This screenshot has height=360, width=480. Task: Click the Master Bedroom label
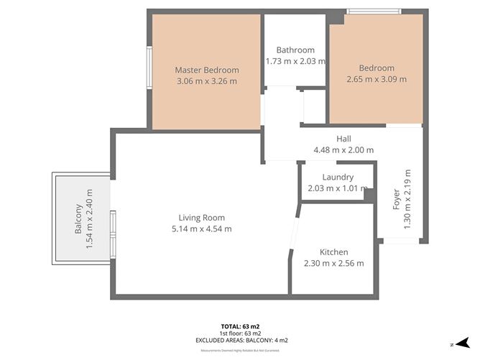click(207, 70)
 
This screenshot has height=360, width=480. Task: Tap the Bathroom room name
click(295, 50)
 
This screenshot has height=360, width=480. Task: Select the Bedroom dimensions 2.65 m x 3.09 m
click(377, 80)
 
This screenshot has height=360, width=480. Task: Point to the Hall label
click(343, 139)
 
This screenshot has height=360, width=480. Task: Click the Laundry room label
click(337, 177)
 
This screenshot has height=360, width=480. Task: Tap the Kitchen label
click(333, 252)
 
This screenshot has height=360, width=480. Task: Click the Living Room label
click(202, 218)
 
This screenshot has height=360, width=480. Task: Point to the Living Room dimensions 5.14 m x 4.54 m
click(202, 229)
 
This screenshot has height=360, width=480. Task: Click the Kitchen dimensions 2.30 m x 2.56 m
click(333, 264)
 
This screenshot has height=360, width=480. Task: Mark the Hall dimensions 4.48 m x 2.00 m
click(343, 150)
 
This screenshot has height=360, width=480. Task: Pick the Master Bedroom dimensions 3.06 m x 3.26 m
click(207, 81)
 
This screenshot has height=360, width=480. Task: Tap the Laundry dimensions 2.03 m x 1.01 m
click(337, 188)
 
